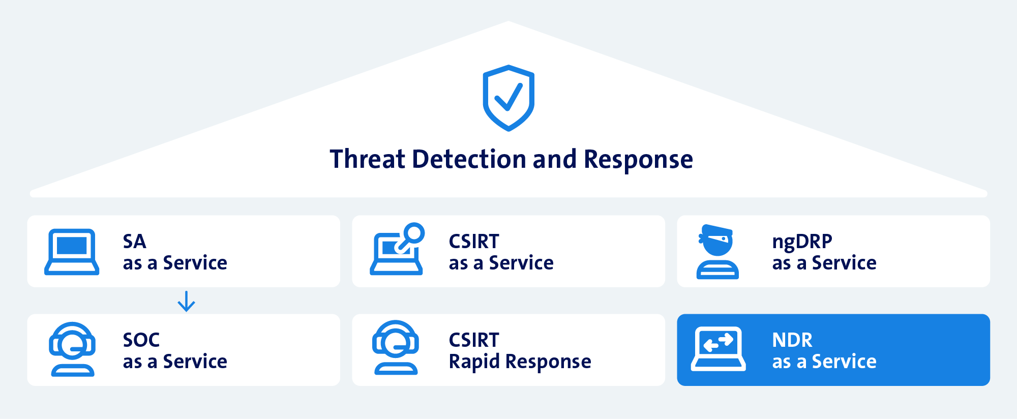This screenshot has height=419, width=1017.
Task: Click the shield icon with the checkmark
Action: [508, 98]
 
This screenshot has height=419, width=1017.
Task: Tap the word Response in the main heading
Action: [638, 160]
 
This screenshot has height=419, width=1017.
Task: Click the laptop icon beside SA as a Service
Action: [72, 252]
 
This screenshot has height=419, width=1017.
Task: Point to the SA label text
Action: [135, 242]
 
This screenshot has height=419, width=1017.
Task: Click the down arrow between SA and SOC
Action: [186, 301]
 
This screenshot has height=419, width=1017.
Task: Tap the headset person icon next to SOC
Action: [72, 349]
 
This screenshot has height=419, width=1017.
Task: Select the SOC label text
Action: [141, 340]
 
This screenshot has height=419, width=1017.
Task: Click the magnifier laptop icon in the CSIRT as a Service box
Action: [396, 252]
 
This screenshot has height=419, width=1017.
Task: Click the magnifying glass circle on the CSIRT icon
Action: [414, 233]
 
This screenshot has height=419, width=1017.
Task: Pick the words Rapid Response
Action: [520, 362]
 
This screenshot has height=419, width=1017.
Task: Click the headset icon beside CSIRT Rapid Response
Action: [396, 348]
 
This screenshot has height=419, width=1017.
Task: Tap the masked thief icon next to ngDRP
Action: [717, 252]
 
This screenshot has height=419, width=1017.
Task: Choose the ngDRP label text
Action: [802, 242]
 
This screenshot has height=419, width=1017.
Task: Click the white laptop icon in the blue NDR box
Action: [718, 349]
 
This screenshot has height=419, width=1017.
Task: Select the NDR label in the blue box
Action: [792, 340]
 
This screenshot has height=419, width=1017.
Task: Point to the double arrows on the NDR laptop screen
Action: [718, 342]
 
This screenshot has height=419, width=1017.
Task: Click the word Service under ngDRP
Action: [844, 263]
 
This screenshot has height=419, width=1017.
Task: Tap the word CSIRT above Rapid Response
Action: [474, 340]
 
